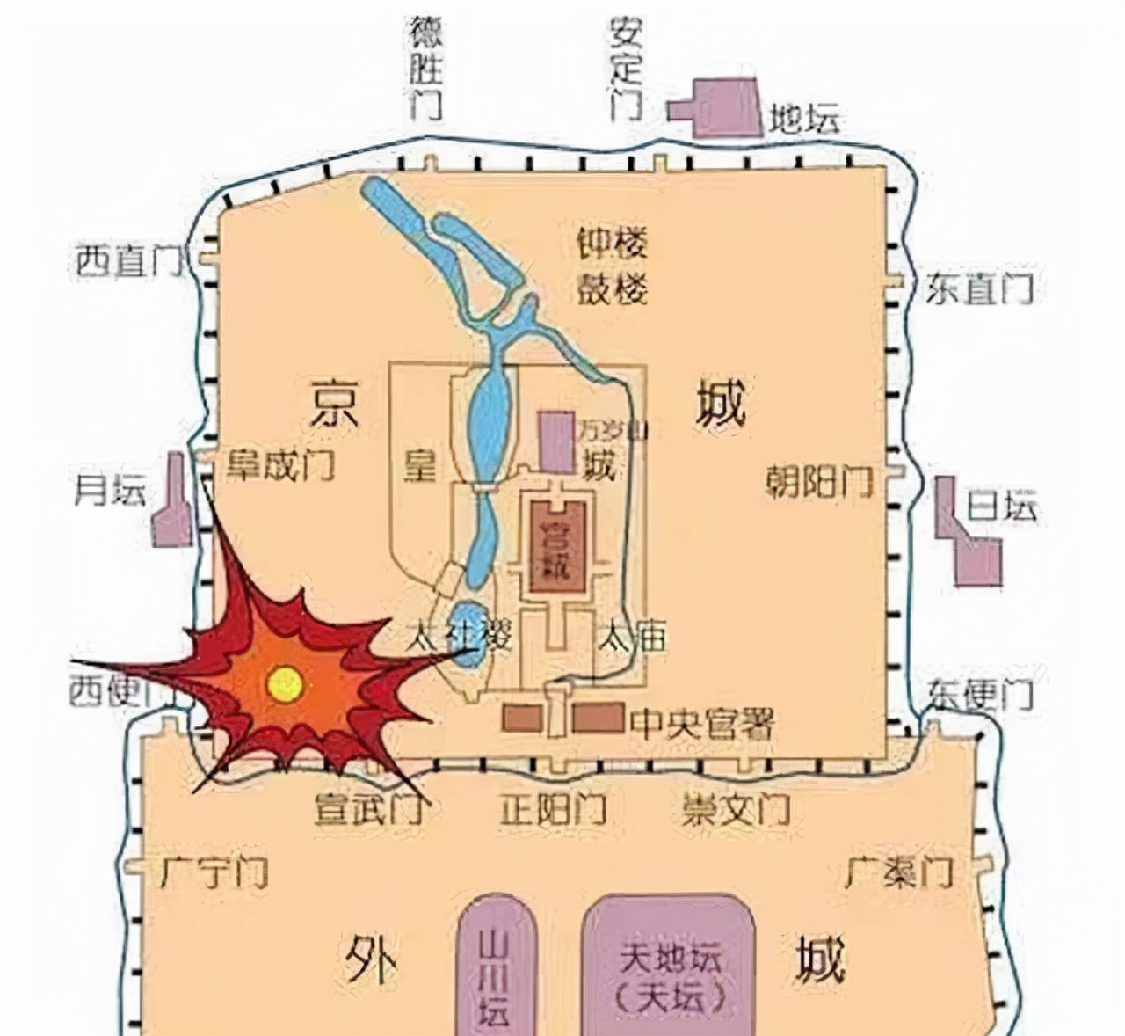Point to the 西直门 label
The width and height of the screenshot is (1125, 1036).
click(127, 262)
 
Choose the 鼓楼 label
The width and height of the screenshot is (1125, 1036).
click(613, 288)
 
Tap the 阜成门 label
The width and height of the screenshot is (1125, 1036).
click(281, 464)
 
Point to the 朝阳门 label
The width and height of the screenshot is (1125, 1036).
click(818, 482)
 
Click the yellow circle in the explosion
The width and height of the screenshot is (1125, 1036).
click(284, 683)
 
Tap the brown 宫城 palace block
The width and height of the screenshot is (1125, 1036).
click(559, 546)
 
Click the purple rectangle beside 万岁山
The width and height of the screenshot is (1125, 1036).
click(556, 442)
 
